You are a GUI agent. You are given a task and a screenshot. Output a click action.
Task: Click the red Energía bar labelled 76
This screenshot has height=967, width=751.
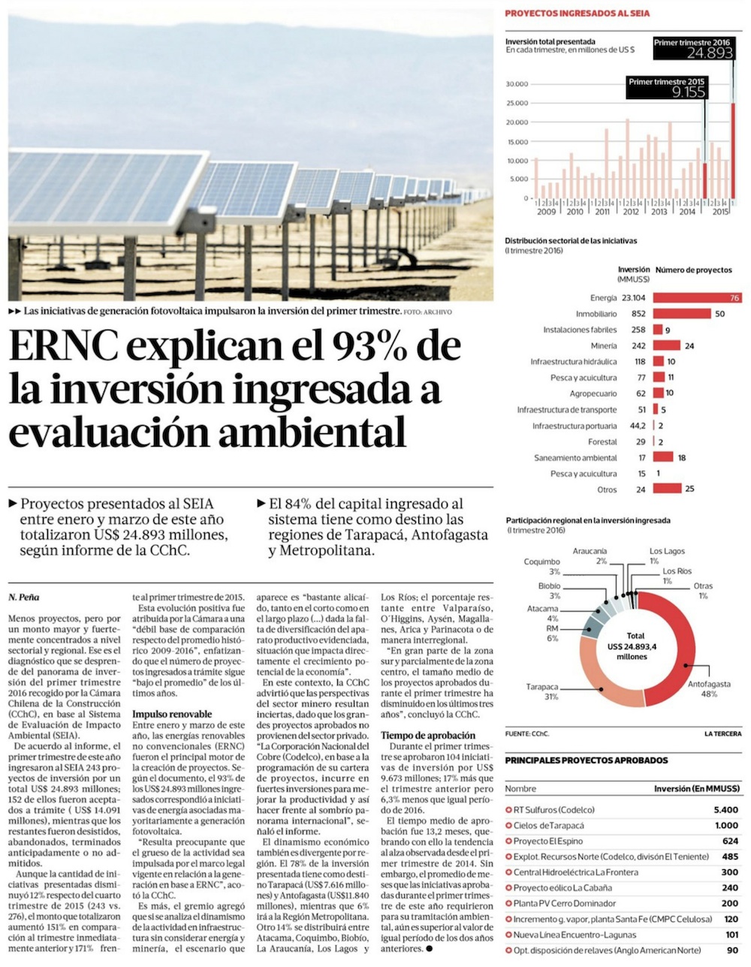click(697, 298)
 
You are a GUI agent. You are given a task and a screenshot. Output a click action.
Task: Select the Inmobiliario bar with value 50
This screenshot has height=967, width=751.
click(682, 314)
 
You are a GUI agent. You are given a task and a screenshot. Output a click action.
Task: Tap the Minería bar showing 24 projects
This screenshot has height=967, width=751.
click(666, 345)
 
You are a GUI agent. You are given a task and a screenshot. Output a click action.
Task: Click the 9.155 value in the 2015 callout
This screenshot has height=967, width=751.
click(689, 92)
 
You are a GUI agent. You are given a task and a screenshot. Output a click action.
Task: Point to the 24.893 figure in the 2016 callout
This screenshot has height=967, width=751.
click(710, 53)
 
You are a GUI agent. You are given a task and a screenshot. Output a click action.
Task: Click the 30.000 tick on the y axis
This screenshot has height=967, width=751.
click(517, 83)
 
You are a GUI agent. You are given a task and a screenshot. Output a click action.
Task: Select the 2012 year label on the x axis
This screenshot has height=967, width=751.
click(630, 212)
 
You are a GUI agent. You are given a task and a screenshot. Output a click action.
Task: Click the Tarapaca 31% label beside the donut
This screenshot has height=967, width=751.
click(542, 691)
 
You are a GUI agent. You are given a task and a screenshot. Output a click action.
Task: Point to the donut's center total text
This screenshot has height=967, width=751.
click(632, 646)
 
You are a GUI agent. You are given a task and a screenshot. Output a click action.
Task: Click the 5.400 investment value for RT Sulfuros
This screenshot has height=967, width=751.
click(726, 809)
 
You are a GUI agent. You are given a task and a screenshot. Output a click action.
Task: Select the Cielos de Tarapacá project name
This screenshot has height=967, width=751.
click(548, 825)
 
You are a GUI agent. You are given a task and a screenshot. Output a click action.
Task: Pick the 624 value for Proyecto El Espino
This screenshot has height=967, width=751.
click(731, 841)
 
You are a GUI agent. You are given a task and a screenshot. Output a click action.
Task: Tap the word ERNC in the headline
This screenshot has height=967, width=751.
click(63, 346)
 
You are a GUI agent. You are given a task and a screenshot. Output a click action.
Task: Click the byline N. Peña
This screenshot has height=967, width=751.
click(23, 597)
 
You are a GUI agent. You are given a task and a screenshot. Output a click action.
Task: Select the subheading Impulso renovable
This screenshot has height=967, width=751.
click(172, 714)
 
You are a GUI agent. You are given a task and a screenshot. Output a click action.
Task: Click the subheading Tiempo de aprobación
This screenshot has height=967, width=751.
click(428, 735)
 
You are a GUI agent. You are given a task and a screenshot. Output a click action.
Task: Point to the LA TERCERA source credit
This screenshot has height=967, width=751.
click(723, 734)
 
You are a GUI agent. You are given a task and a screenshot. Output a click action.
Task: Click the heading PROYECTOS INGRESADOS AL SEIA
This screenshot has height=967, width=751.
click(577, 14)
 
